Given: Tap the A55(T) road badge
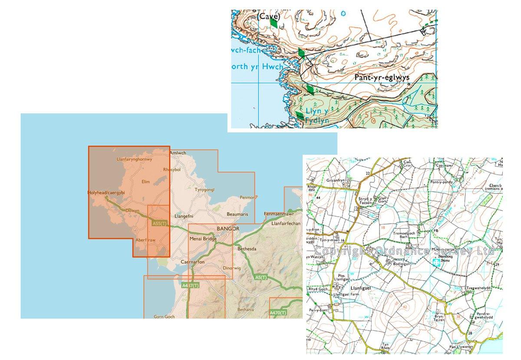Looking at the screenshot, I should tap(160, 224).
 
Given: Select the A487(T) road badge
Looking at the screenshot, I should tap(191, 285).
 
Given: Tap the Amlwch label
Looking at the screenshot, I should tap(178, 153).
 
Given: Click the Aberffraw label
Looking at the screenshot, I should tap(145, 240).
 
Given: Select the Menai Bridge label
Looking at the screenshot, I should tap(203, 238).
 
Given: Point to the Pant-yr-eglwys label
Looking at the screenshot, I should tap(382, 78).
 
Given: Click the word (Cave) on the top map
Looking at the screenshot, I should tap(268, 17).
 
